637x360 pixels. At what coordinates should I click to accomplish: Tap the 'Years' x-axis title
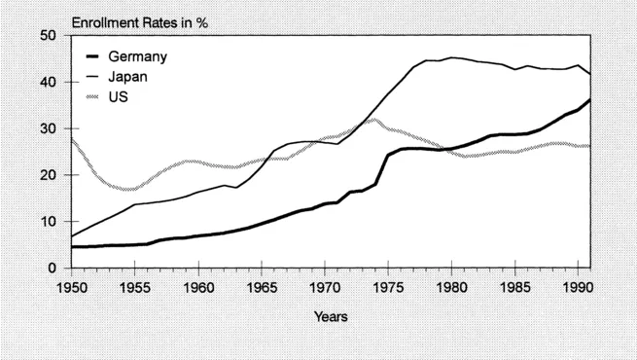[332, 316]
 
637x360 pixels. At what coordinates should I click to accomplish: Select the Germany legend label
[138, 56]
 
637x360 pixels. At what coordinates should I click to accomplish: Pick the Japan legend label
[130, 77]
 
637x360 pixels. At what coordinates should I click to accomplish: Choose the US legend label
[120, 97]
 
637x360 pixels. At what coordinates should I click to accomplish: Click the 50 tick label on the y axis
[51, 36]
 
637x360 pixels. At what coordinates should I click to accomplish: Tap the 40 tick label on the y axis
[51, 83]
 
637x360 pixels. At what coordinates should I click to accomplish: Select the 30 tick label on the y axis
[51, 128]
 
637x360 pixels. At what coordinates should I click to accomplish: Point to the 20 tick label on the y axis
[51, 175]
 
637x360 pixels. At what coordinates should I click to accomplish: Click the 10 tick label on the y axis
[51, 222]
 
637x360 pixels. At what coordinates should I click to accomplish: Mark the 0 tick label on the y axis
[54, 268]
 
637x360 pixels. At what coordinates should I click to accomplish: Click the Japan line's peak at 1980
[452, 57]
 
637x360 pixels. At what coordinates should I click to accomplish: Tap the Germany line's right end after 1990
[590, 100]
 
